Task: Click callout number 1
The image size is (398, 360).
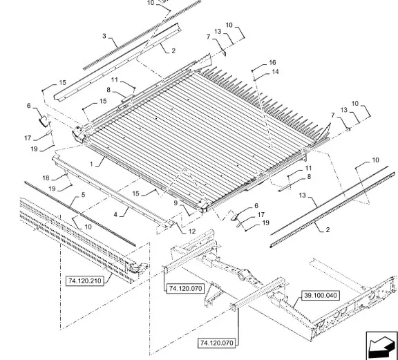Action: [x=91, y=164]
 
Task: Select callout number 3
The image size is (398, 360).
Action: [x=104, y=36]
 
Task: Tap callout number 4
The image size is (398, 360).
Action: [x=115, y=214]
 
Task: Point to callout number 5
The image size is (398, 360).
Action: [x=83, y=195]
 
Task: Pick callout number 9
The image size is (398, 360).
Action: [x=176, y=203]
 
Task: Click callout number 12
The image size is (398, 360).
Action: [x=192, y=231]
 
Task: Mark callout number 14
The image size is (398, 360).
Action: [x=275, y=72]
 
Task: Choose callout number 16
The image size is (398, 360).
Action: [x=272, y=62]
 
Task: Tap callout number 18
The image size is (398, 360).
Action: [x=46, y=178]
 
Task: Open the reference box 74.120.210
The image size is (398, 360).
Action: [x=85, y=281]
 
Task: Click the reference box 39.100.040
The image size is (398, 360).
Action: [x=321, y=295]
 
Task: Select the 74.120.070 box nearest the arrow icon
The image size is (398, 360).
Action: [x=216, y=343]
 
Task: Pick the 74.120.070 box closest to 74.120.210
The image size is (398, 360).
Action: [x=186, y=288]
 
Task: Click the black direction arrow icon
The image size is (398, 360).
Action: [x=381, y=346]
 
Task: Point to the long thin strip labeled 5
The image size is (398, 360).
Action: [x=80, y=214]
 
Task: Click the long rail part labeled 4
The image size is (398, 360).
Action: [x=113, y=191]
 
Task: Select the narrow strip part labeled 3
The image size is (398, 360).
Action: [x=142, y=35]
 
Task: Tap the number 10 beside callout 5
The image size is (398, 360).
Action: [x=88, y=227]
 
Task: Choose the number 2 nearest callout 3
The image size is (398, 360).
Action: [x=173, y=50]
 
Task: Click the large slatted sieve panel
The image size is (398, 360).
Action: [x=200, y=137]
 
